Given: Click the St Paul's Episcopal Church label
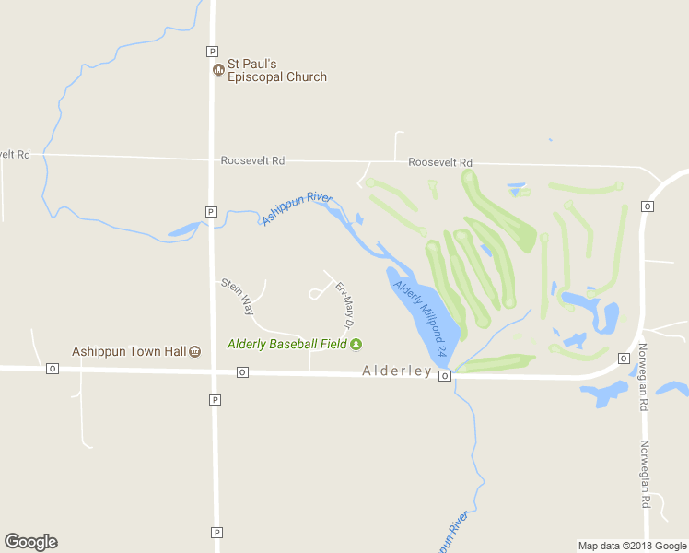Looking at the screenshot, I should click(276, 70).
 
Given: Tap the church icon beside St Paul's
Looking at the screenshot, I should click(218, 69).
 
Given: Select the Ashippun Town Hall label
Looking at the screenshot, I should click(129, 351).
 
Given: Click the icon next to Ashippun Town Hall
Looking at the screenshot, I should click(194, 351).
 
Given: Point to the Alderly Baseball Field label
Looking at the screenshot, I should click(287, 345).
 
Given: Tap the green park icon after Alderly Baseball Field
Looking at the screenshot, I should click(356, 345).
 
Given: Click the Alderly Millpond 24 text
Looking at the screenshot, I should click(421, 318).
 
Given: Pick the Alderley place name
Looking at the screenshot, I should click(397, 371).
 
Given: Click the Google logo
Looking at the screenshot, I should click(30, 542).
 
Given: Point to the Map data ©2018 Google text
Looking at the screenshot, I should click(632, 546).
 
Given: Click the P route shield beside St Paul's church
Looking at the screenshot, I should click(213, 51).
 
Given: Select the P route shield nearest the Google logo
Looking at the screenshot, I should click(216, 532).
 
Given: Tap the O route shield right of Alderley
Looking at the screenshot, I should click(445, 376).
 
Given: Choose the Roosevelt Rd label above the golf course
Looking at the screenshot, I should click(440, 161).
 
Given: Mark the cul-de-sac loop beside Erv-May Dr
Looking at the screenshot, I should click(315, 293).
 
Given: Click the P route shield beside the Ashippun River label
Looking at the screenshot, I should click(211, 211).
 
